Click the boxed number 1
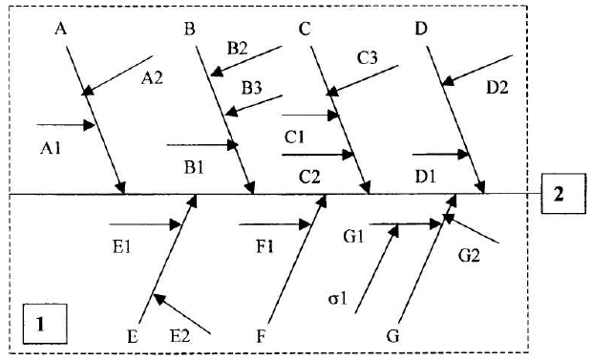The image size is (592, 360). [40, 325]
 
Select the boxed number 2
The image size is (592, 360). [559, 194]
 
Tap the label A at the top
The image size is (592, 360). [61, 29]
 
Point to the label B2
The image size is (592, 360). [237, 49]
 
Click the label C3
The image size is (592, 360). [368, 58]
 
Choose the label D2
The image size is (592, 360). [497, 88]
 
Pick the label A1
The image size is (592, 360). [51, 148]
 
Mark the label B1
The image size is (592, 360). [194, 167]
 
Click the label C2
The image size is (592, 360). [309, 177]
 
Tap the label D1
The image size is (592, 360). [426, 177]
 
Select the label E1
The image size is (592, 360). [122, 247]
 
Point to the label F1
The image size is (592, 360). [264, 247]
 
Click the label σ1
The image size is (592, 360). [337, 299]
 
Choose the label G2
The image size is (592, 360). [469, 256]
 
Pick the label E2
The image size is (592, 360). [180, 336]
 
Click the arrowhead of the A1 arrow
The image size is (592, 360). [89, 125]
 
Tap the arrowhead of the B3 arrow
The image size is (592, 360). [230, 111]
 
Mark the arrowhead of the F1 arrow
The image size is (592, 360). [305, 224]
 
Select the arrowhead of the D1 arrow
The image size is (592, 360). [463, 154]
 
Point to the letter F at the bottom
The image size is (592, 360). [261, 336]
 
